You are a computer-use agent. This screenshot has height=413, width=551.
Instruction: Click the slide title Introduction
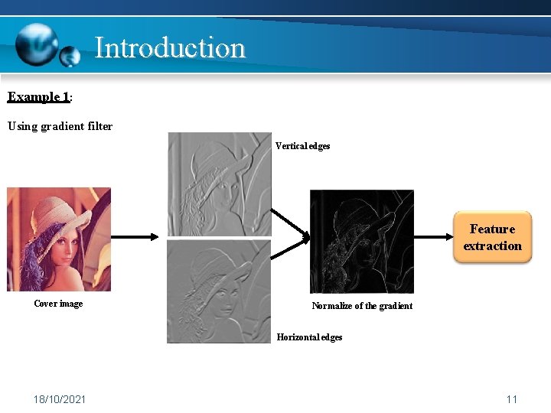(169, 47)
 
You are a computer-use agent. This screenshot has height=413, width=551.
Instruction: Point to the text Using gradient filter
(60, 126)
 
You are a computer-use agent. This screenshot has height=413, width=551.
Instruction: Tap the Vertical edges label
(302, 146)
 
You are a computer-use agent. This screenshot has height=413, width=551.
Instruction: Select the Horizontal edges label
(309, 337)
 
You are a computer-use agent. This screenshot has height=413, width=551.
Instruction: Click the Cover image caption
(58, 304)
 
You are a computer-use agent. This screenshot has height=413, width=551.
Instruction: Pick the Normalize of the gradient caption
(362, 306)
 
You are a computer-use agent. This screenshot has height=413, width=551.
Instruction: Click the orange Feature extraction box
(492, 238)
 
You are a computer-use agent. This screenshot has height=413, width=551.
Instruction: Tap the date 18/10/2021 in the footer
(60, 399)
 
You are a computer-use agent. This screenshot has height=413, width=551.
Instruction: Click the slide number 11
(512, 399)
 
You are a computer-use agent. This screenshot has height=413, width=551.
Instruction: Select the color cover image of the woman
(59, 239)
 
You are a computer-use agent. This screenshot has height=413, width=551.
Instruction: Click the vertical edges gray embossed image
(219, 184)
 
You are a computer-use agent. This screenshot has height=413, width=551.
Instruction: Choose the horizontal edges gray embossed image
(219, 291)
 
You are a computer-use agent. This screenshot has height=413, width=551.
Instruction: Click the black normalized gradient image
(361, 242)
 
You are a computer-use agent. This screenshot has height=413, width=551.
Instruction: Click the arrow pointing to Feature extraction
(432, 237)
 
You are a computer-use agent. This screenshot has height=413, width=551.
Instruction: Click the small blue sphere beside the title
(70, 56)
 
